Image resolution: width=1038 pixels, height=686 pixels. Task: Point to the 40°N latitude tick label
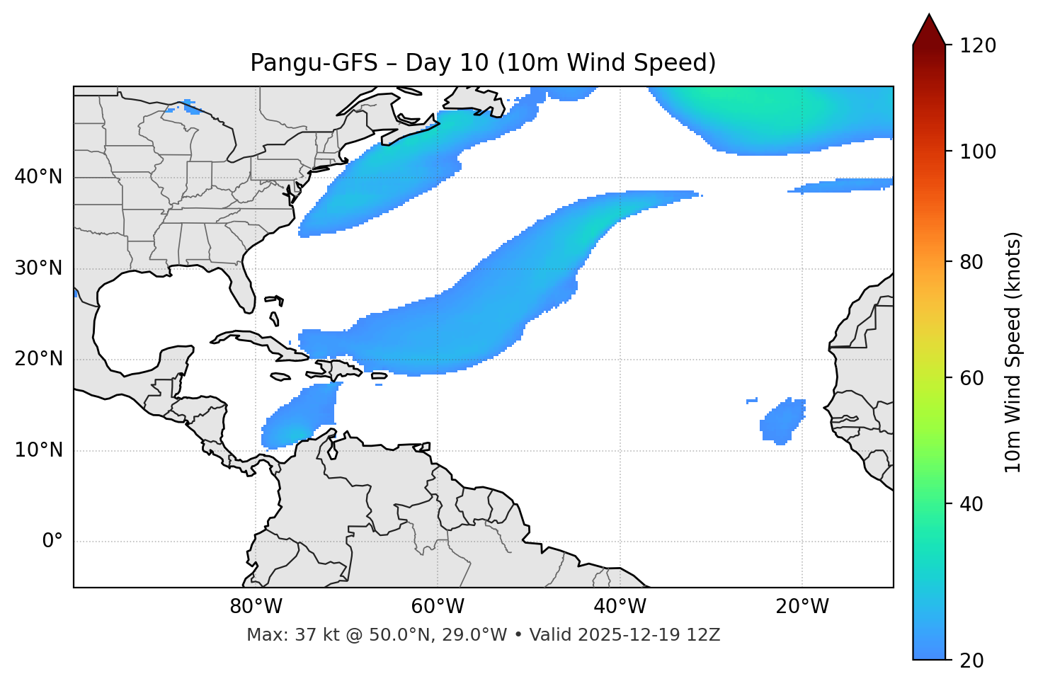pyautogui.click(x=38, y=177)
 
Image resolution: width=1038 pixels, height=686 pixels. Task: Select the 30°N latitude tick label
pyautogui.click(x=38, y=268)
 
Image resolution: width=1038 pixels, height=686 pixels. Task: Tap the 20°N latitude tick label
pyautogui.click(x=38, y=359)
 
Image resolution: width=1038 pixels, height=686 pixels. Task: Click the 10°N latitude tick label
pyautogui.click(x=38, y=450)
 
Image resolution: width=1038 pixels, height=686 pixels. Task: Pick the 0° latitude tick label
pyautogui.click(x=52, y=542)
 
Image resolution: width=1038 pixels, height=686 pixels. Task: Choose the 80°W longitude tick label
pyautogui.click(x=256, y=607)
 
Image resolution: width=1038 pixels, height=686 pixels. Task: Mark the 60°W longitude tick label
pyautogui.click(x=438, y=607)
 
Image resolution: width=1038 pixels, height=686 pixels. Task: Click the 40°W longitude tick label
pyautogui.click(x=620, y=607)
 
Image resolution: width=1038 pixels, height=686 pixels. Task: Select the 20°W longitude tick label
pyautogui.click(x=802, y=607)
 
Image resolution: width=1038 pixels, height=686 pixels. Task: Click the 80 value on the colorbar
pyautogui.click(x=975, y=262)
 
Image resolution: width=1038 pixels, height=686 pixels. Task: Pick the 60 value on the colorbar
pyautogui.click(x=975, y=378)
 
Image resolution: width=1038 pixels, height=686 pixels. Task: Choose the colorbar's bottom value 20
pyautogui.click(x=975, y=661)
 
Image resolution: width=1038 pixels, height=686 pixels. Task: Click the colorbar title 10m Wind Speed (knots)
pyautogui.click(x=1013, y=352)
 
